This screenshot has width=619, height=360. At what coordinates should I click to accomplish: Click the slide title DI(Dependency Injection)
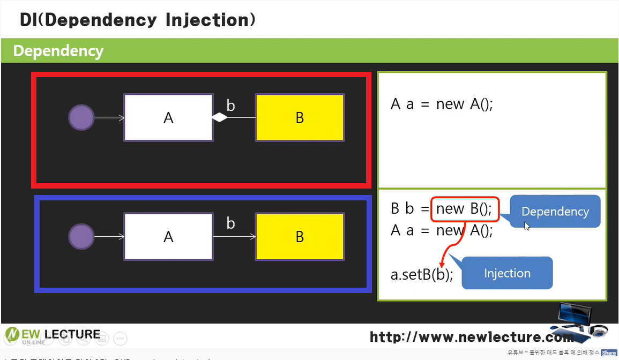[137, 20]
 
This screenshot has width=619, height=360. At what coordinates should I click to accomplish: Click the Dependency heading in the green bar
[58, 51]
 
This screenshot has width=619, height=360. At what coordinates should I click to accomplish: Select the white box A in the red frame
[168, 118]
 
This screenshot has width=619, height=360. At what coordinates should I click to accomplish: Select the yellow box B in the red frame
[300, 118]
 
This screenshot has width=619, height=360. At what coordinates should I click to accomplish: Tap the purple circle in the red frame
[81, 117]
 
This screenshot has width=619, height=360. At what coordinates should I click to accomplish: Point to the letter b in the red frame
[230, 106]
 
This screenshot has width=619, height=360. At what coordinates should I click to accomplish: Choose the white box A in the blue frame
[168, 236]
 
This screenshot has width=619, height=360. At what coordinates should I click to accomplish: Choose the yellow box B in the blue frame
[300, 236]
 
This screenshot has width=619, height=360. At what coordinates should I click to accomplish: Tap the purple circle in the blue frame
[81, 236]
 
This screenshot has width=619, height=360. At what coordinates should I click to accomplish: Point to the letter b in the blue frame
[230, 223]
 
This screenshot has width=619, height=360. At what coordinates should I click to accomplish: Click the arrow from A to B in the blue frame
[234, 236]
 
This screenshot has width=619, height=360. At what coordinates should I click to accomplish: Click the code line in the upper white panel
[442, 104]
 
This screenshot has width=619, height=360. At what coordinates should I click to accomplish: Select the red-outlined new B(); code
[465, 209]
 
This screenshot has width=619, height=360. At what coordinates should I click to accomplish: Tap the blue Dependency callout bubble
[555, 212]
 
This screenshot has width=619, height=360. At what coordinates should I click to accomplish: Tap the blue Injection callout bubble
[507, 273]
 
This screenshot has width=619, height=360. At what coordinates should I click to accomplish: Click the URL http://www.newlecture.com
[472, 337]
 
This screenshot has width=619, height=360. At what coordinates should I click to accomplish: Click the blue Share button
[608, 352]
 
